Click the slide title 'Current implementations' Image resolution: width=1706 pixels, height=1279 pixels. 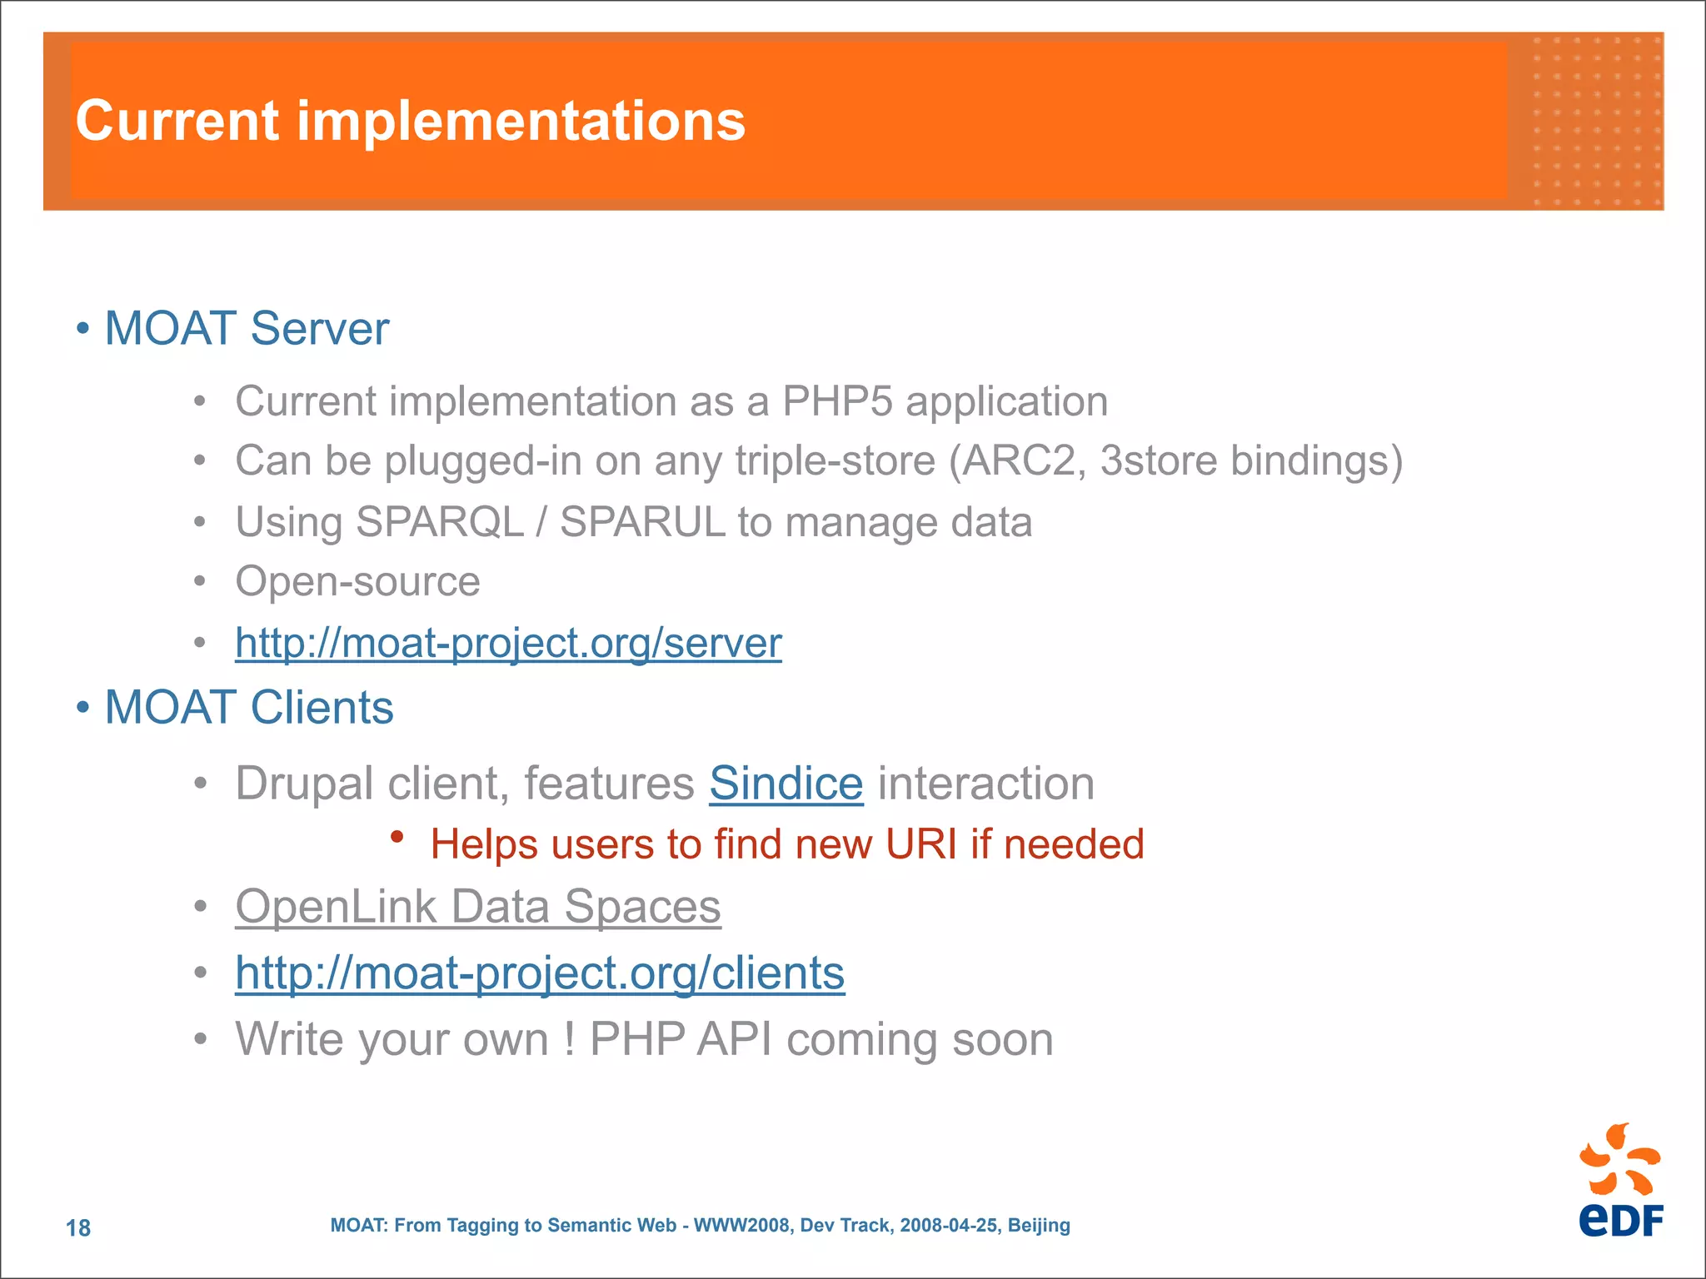coord(410,122)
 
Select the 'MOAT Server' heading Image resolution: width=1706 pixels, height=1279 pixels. coord(247,328)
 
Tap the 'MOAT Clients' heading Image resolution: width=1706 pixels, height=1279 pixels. coord(248,708)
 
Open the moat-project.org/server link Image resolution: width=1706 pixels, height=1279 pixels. coord(508,643)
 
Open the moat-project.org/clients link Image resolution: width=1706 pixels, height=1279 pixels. coord(540,973)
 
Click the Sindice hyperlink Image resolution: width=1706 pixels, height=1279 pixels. coord(786,784)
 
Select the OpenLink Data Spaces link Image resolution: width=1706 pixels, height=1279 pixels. coord(477,906)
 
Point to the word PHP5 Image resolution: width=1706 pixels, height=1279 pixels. coord(837,401)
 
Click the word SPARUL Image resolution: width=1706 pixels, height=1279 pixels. coord(642,523)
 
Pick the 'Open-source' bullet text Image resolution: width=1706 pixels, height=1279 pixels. coord(357,581)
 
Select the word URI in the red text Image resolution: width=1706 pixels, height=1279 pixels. coord(920,844)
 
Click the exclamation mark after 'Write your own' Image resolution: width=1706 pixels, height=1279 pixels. coord(570,1039)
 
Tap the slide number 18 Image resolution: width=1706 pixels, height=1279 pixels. coord(78,1227)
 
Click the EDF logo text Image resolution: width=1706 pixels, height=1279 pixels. coord(1620,1220)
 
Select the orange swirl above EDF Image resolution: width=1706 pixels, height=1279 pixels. coord(1619,1159)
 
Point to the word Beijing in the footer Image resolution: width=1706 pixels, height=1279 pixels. coord(1039,1226)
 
